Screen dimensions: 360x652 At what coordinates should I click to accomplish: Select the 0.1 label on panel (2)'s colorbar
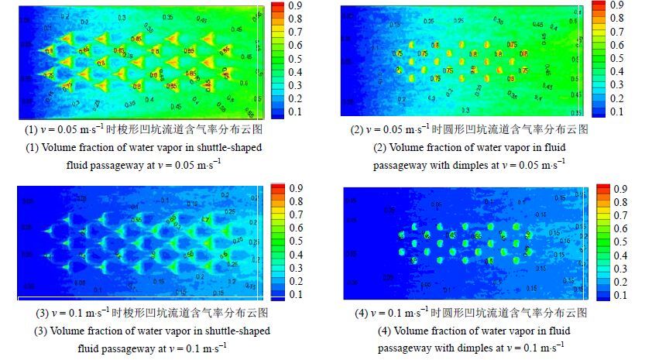[617, 111]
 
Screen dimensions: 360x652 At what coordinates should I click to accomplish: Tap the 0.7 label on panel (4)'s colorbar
[619, 215]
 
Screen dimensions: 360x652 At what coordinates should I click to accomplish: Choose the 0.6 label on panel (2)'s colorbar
[617, 44]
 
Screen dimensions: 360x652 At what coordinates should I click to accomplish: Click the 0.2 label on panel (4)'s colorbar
[619, 282]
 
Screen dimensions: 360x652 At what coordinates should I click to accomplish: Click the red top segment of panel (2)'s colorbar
[599, 5]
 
